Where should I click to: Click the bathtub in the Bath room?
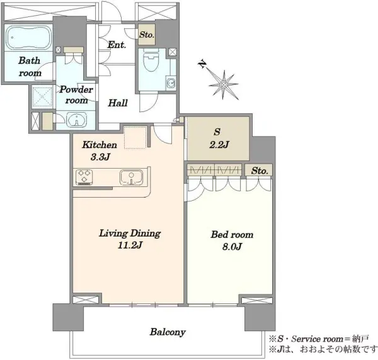click(29, 37)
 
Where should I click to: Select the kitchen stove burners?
click(84, 177)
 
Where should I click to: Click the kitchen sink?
click(131, 177)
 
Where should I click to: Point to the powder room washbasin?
click(76, 119)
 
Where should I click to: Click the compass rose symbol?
click(224, 85)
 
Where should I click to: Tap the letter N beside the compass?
click(202, 64)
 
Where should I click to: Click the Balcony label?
click(168, 332)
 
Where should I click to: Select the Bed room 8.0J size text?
click(232, 247)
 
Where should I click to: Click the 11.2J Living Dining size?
click(130, 245)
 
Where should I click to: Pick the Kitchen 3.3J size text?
click(101, 157)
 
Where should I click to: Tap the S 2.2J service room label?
click(218, 138)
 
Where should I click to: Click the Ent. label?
click(117, 45)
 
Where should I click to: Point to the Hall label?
click(118, 103)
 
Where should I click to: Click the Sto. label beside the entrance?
click(147, 35)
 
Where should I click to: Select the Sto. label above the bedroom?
click(260, 171)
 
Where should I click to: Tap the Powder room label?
click(76, 95)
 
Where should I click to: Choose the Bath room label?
click(30, 67)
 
